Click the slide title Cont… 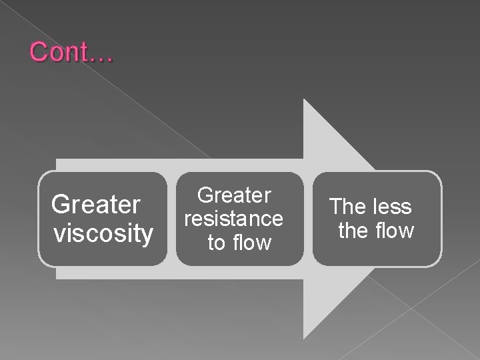(71, 52)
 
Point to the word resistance (234, 219)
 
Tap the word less (391, 207)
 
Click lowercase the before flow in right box (354, 231)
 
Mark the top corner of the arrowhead (304, 99)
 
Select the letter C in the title (38, 52)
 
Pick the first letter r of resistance (188, 219)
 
